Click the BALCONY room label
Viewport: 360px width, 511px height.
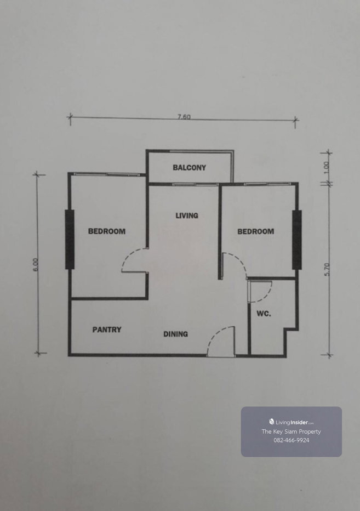point(189,168)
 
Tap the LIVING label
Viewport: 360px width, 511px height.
point(187,215)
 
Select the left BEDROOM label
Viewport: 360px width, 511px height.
point(107,231)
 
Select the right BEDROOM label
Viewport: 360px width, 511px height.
point(256,231)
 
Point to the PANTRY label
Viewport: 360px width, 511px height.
point(107,330)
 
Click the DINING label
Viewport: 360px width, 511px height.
point(175,334)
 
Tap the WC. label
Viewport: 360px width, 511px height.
point(264,314)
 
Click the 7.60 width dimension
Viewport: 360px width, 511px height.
point(184,116)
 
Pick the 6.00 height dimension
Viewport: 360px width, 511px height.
point(36,264)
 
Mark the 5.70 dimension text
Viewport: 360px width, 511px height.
point(328,269)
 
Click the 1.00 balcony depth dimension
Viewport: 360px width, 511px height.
point(327,168)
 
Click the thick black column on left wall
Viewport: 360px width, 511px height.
point(70,240)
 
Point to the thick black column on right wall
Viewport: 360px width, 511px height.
point(297,240)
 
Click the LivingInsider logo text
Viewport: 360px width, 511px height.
point(292,422)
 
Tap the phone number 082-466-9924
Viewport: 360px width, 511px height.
point(292,440)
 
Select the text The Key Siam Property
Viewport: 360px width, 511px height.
point(292,431)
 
